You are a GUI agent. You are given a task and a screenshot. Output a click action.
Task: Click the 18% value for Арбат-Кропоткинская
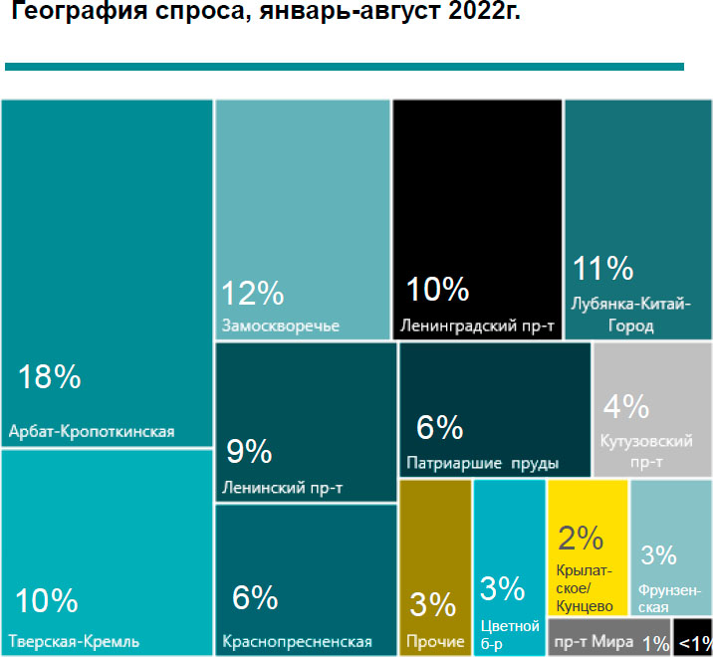(50, 377)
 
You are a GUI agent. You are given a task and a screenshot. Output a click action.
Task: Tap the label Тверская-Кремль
(74, 639)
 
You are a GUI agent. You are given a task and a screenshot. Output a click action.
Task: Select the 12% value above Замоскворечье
(252, 294)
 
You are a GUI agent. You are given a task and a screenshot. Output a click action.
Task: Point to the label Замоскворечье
(281, 326)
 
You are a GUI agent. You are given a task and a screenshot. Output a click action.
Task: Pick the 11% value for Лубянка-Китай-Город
(602, 269)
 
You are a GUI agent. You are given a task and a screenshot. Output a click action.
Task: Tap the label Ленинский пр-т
(284, 488)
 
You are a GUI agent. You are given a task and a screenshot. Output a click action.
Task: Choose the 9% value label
(249, 452)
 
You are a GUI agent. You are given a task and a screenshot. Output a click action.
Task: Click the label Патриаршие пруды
(483, 464)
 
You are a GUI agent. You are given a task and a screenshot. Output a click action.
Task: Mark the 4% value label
(626, 407)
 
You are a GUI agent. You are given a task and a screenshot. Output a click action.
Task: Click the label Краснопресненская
(297, 641)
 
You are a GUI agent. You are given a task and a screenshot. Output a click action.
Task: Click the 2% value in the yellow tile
(582, 539)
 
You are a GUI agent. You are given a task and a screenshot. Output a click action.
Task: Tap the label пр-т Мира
(594, 642)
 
